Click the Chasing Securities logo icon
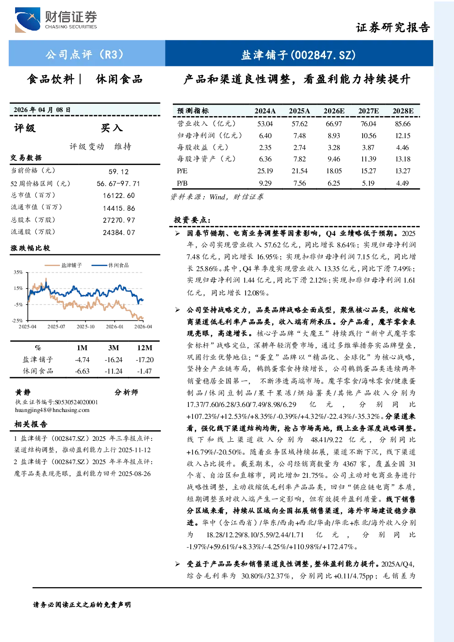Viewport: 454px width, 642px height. [x=27, y=20]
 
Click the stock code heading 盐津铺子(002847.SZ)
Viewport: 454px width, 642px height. [x=299, y=54]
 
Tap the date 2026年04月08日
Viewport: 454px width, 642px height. [x=42, y=110]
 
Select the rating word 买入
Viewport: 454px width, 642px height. [x=112, y=128]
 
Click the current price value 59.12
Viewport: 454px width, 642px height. [x=118, y=171]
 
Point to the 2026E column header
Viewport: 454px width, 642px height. [x=334, y=111]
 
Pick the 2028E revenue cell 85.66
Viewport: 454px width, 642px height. [x=403, y=124]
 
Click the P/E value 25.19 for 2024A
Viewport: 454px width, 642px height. [x=265, y=171]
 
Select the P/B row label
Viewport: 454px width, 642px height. [x=182, y=183]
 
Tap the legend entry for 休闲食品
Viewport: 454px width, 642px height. [x=110, y=265]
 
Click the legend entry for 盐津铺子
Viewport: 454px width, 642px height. [x=63, y=265]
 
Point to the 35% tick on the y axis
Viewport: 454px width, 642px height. [x=18, y=272]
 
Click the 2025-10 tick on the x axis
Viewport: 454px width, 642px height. [x=85, y=326]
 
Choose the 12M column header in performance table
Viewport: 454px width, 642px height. [x=144, y=348]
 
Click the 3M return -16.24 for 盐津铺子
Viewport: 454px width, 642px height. [x=113, y=359]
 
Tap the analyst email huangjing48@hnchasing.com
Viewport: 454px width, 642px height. [x=52, y=410]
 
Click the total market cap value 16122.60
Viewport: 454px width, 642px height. [x=119, y=195]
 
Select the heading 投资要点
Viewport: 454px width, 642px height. [x=192, y=220]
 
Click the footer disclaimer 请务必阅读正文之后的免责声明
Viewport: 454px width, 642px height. [x=82, y=605]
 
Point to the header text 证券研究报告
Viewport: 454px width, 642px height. [x=393, y=27]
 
